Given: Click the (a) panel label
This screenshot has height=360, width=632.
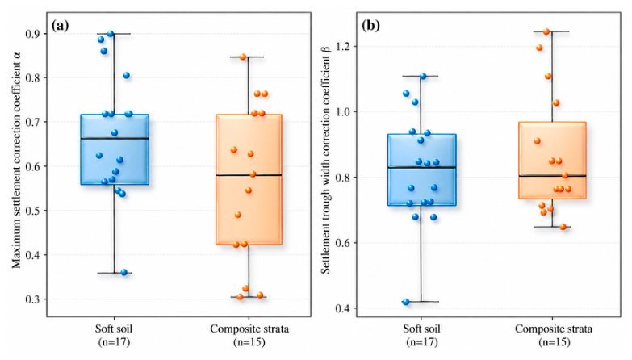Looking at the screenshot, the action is coord(61,26).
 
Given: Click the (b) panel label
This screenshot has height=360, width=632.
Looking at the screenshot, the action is coord(370,26).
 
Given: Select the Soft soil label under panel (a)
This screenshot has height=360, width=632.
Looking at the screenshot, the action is coord(114,329).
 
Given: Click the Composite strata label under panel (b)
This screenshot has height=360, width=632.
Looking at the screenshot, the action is coord(554,329).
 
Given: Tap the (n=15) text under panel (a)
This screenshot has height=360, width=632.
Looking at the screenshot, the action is coord(249,342).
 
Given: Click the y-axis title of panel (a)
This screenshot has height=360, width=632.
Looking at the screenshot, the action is coord(16,160).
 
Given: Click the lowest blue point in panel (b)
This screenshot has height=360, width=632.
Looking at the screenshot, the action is coord(406,302).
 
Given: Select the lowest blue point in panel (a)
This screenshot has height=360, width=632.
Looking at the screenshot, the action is coord(124,273).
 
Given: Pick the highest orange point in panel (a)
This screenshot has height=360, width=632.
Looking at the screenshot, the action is coord(243,57).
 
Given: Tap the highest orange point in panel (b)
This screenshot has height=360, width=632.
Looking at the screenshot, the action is coord(546,31).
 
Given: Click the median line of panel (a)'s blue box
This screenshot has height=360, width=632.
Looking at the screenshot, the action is coord(115,139).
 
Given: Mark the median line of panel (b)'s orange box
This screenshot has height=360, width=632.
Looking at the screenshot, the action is coord(552,176).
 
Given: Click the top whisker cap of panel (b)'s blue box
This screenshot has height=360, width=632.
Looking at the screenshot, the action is coord(421,76).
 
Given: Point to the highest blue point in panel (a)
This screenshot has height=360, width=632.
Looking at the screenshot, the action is coord(111,34).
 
